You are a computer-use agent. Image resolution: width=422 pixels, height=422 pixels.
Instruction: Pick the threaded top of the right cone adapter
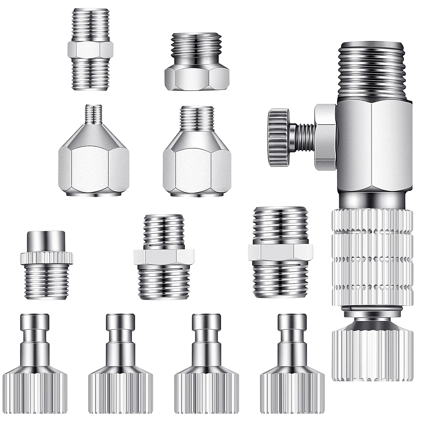(x=196, y=116)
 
